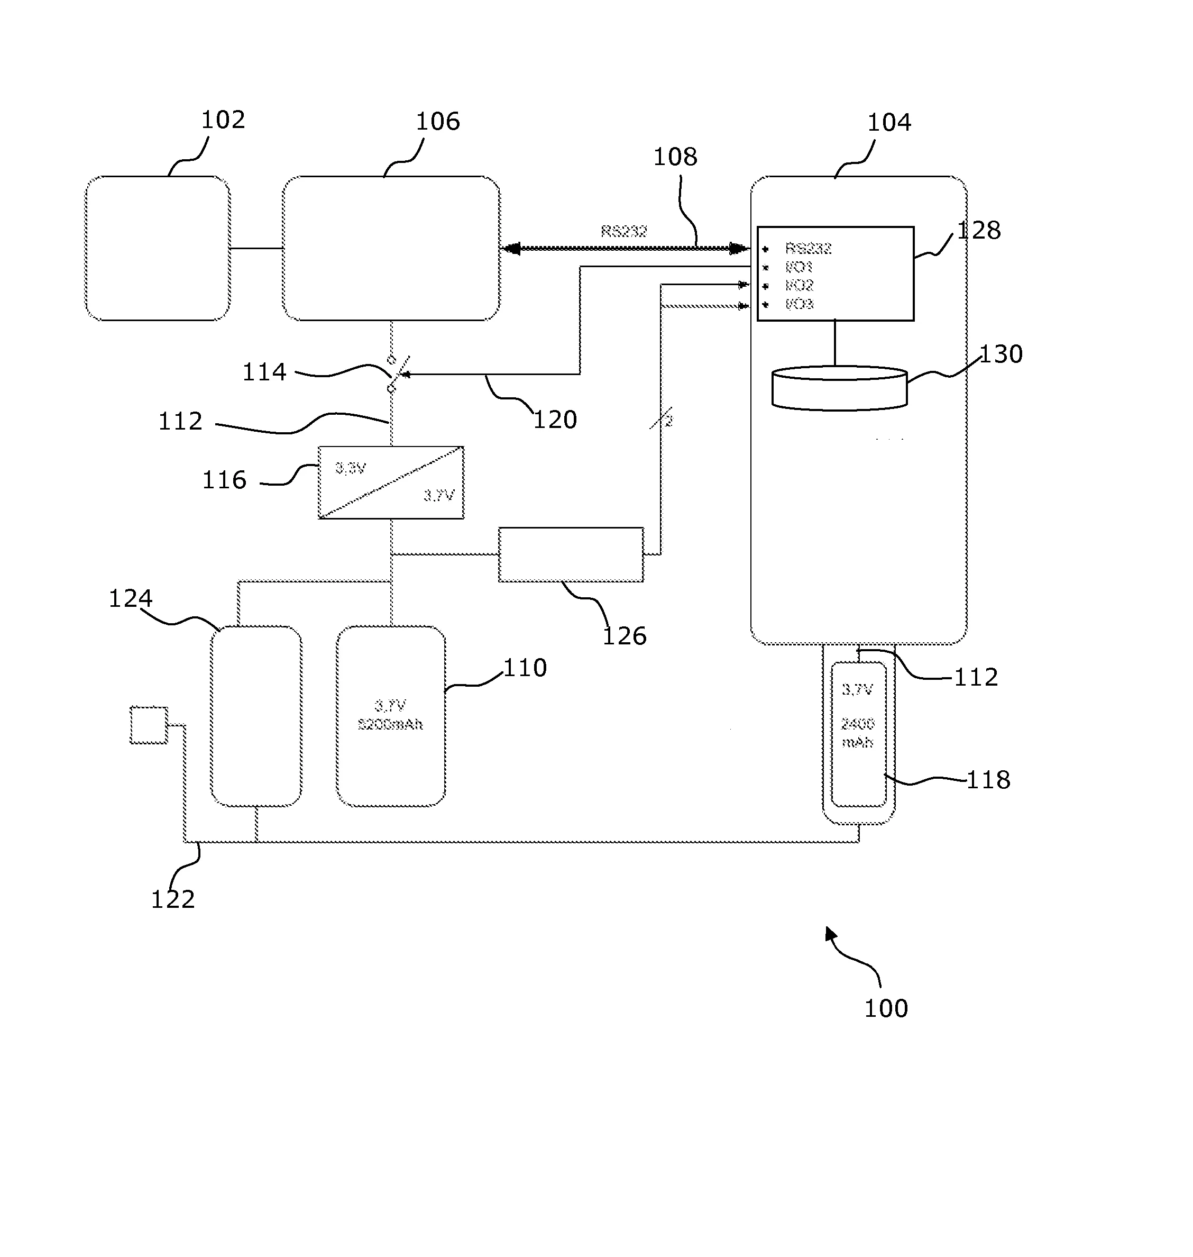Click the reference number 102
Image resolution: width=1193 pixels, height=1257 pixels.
coord(223,120)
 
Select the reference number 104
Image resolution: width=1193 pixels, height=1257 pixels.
coord(889,122)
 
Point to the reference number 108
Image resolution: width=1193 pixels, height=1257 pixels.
coord(675,157)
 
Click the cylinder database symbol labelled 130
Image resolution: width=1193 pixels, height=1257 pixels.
coord(839,388)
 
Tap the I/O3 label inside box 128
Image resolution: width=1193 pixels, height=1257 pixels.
coord(800,305)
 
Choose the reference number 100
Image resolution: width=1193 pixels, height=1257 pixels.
coord(885,1008)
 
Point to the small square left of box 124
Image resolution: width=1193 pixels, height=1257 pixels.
coord(149,725)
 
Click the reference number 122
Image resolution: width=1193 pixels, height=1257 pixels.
coord(172,899)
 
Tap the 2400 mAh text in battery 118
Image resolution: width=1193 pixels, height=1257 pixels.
coord(857,733)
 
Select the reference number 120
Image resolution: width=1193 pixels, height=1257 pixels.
coord(555,420)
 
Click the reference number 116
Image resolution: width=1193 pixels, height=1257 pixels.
coord(224,480)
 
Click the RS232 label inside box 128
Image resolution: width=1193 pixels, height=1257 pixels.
coord(808,249)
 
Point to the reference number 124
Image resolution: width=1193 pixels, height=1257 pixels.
coord(131,598)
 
